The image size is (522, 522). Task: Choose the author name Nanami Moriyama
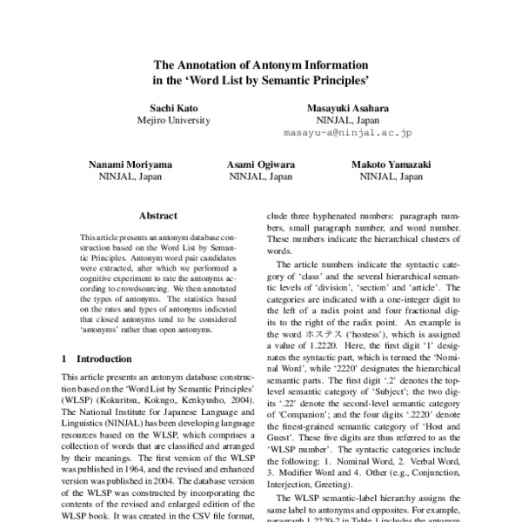click(130, 164)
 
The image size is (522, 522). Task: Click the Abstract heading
click(157, 216)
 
